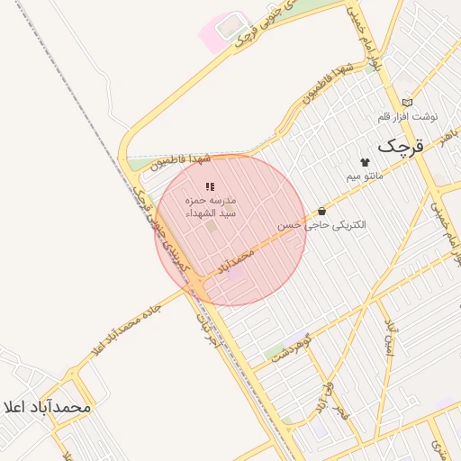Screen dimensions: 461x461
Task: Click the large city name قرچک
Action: point(399,144)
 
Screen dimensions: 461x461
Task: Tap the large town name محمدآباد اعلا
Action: point(47,407)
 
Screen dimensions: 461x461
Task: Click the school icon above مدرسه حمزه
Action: point(209,186)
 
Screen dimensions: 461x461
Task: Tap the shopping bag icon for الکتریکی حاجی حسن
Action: point(321,211)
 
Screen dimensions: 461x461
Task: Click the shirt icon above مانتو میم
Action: point(365,162)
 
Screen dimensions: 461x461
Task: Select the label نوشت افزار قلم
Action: point(408,116)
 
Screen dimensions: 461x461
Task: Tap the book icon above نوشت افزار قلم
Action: point(408,103)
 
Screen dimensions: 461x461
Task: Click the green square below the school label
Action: point(212,226)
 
